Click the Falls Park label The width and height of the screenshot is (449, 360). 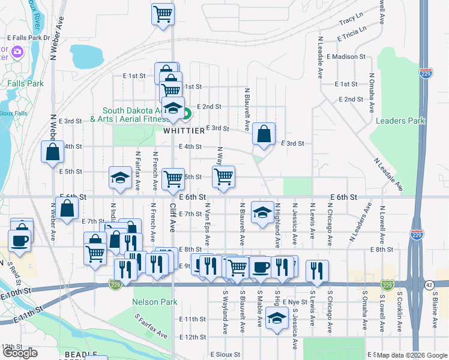click(25, 84)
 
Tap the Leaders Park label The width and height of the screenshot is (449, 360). click(400, 121)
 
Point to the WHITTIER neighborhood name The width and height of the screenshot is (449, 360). click(185, 130)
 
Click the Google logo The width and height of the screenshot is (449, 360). click(20, 353)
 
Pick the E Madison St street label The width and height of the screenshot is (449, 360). click(346, 56)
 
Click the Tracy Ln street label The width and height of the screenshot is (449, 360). click(351, 20)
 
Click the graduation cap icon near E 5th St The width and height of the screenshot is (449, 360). click(120, 178)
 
